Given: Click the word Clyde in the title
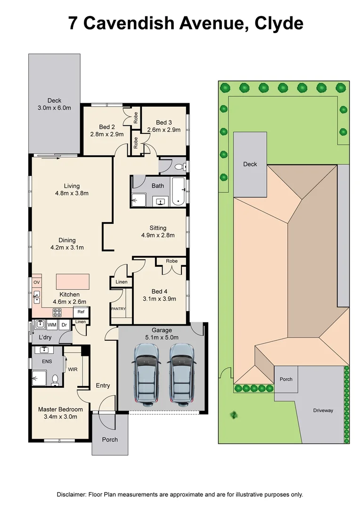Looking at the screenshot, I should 278,23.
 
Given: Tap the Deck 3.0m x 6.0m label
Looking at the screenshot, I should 54,104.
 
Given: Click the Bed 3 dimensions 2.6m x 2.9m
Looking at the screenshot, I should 164,130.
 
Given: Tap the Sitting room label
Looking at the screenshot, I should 158,228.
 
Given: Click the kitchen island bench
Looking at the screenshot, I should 73,282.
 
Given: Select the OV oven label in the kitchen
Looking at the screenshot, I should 36,282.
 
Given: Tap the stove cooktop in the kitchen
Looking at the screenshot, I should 57,312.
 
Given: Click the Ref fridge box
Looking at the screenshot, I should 81,312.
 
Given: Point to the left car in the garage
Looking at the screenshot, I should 147,373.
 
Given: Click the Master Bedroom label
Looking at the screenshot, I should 60,413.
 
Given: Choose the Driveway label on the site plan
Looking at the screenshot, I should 323,410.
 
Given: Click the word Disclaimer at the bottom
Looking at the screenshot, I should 71,494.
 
